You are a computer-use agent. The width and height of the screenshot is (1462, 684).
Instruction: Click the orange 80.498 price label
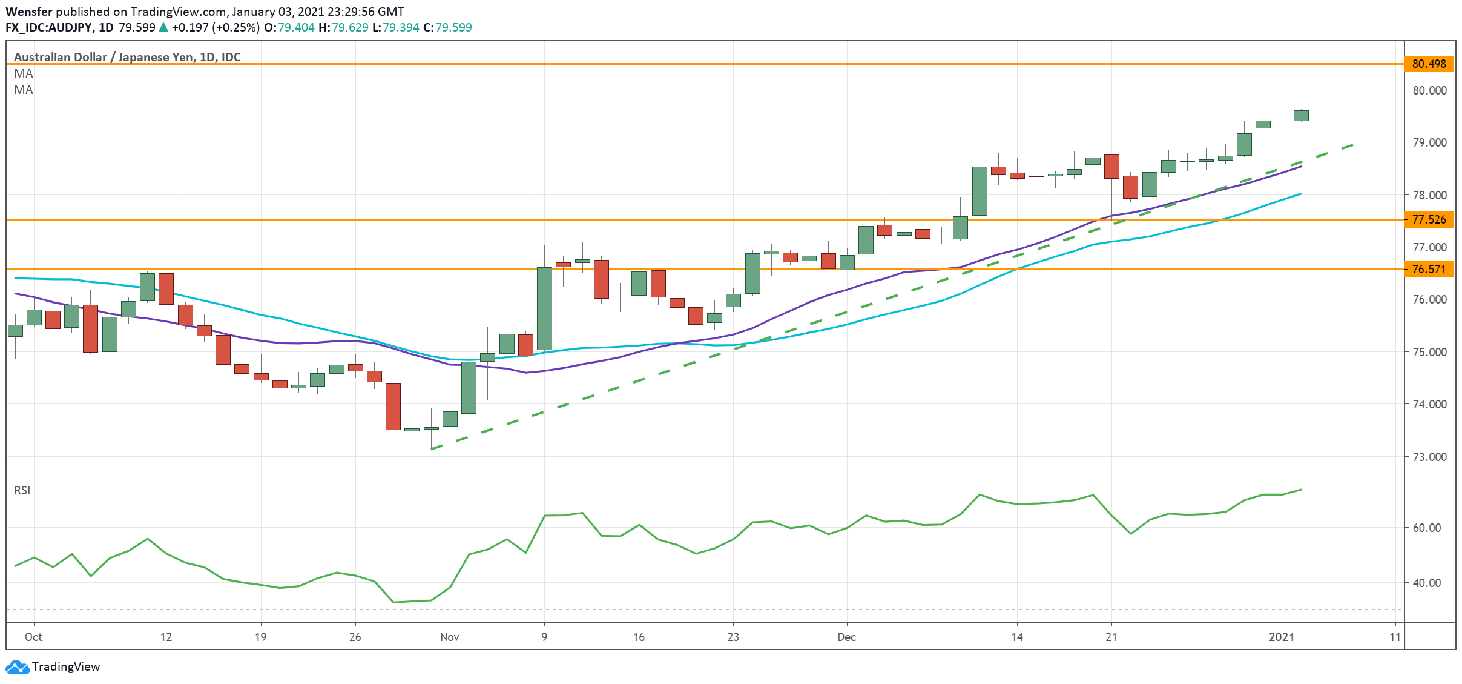1429,64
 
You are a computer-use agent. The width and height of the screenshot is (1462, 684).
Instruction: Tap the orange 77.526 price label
1429,219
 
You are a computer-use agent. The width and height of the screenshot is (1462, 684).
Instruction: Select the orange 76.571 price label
1429,269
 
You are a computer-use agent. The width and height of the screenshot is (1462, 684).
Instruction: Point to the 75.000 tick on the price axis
1429,352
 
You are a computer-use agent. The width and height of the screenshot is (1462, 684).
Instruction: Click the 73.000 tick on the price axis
1429,457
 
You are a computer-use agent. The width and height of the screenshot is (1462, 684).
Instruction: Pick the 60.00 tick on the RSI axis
1426,528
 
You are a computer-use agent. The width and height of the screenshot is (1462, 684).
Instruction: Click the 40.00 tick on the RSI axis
1426,583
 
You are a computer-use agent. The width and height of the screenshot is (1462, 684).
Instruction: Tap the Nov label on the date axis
449,637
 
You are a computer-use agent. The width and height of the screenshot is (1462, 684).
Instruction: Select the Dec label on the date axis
846,637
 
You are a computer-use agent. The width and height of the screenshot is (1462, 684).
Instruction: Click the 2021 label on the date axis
1282,637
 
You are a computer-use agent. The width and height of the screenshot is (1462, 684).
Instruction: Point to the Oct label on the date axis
33,637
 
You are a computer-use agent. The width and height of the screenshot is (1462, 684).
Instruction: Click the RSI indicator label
22,490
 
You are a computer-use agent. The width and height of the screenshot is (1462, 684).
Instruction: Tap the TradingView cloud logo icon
17,666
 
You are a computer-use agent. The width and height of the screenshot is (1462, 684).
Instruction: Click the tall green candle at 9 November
544,308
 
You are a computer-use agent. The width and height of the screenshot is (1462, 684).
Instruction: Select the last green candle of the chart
1301,115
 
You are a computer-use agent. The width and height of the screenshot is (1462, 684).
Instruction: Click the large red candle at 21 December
1111,166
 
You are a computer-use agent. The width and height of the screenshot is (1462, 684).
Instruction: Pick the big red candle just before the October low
393,406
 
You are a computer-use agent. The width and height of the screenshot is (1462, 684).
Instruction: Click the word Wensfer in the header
28,12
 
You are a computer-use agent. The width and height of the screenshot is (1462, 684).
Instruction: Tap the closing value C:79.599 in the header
447,27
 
